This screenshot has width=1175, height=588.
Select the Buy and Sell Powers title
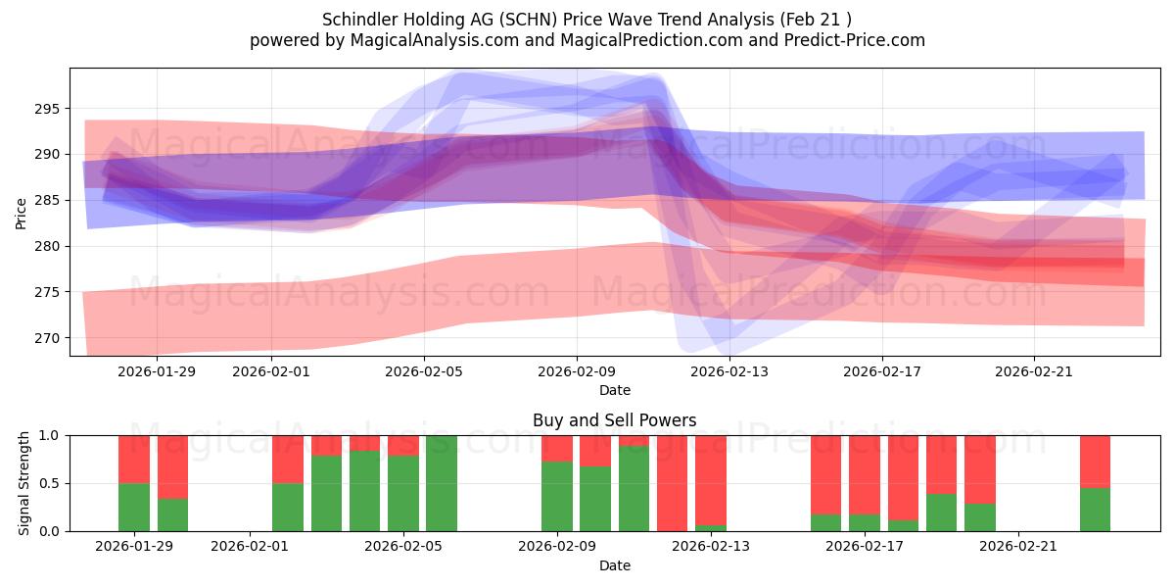614,420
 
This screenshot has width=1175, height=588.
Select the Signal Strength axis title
24,483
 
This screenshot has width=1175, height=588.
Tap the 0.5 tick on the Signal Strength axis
48,483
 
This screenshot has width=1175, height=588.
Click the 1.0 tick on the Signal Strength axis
48,435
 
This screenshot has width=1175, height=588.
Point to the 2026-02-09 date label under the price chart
576,371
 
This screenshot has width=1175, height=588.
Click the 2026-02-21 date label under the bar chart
1018,546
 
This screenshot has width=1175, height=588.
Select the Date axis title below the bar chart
614,565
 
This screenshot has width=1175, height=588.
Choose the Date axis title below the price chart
614,390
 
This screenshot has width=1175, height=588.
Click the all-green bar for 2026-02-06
442,483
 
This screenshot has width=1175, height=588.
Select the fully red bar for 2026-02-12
672,483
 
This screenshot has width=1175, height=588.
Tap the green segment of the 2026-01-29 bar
134,507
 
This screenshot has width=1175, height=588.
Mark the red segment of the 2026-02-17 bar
865,474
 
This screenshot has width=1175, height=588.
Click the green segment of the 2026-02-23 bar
1095,510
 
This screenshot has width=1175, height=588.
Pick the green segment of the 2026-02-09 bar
557,496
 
